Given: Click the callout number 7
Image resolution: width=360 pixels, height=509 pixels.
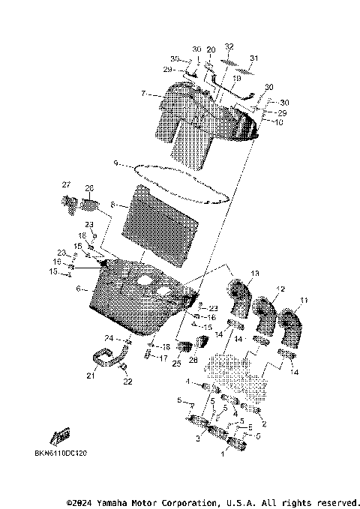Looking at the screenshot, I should [x=142, y=95].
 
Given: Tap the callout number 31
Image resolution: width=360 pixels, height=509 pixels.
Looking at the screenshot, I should [x=253, y=59].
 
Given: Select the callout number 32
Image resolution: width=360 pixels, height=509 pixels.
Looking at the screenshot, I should [x=229, y=46].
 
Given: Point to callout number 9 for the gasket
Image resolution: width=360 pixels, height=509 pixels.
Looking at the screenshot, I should [x=115, y=163].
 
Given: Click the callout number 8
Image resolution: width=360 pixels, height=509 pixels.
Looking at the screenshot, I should [x=112, y=204].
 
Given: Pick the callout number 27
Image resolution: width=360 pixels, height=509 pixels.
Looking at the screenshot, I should [x=66, y=185].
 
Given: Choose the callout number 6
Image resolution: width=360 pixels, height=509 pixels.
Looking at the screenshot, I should [x=78, y=288].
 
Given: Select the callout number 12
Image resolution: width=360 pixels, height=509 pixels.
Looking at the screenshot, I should [x=281, y=289].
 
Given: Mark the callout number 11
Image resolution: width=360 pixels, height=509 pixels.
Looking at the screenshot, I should [x=304, y=301].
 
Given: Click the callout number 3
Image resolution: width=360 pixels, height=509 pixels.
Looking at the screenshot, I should [x=198, y=438].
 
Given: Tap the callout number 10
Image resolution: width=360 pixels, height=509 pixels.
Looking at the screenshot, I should [x=278, y=122].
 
